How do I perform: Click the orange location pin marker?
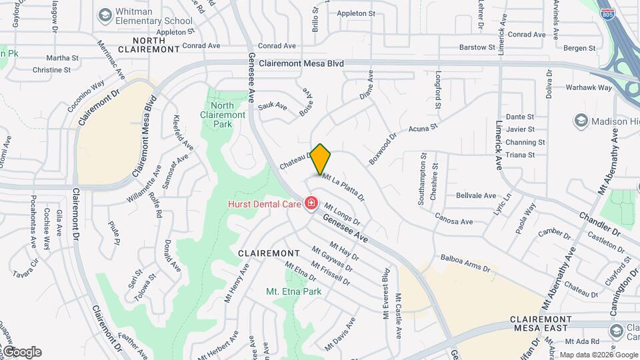(x=321, y=159)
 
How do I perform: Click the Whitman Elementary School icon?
(x=105, y=15)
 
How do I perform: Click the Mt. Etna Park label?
(x=293, y=291)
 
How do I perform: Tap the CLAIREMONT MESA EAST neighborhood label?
(x=539, y=323)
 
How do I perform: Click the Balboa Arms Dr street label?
(x=465, y=263)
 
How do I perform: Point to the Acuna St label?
(x=423, y=126)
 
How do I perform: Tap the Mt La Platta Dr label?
(x=344, y=187)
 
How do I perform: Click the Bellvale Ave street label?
(x=476, y=195)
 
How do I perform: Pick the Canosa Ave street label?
(x=453, y=217)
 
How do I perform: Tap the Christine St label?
(x=51, y=69)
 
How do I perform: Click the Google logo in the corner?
(x=21, y=352)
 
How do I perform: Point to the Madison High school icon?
(x=581, y=121)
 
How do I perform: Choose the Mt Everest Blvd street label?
(x=386, y=293)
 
